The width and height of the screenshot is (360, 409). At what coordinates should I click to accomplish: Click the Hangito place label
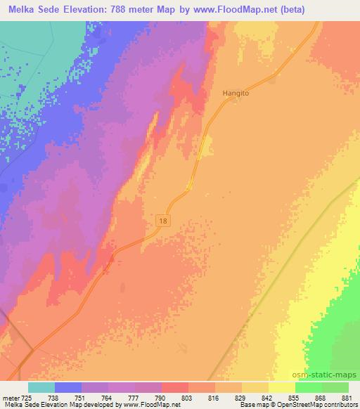[236, 91]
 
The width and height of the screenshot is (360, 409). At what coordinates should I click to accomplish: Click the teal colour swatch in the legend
[41, 387]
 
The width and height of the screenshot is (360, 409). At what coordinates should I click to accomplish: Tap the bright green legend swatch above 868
[309, 387]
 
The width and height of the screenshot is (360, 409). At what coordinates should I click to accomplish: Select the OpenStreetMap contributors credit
[320, 405]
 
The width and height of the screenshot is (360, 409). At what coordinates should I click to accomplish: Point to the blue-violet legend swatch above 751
[67, 387]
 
